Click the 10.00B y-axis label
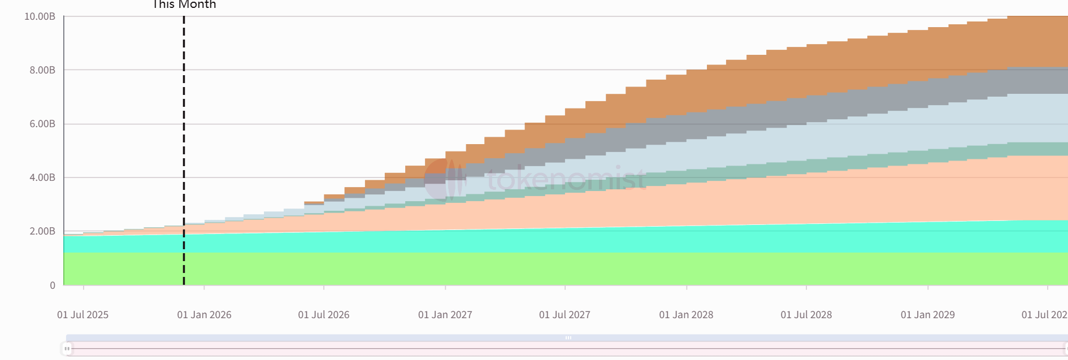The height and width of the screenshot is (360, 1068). coord(40,16)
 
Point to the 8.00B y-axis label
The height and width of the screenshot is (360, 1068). coord(42,70)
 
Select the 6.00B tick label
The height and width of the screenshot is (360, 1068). coord(42,124)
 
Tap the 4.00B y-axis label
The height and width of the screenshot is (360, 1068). coord(42,177)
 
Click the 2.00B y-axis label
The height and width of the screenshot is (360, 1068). coord(42,231)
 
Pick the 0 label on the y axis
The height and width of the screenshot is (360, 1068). coord(53,285)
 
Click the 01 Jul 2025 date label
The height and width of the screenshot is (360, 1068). coord(83,315)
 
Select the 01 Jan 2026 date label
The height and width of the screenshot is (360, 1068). coord(204,315)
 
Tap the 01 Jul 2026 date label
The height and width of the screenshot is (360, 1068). coord(324,315)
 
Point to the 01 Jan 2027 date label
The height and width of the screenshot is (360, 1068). coord(445,315)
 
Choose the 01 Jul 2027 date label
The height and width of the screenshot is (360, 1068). coord(565,315)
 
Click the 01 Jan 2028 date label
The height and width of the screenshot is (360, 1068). coord(686,315)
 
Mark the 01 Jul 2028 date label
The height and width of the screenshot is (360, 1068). coord(806,315)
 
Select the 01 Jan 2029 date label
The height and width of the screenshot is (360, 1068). coord(927,315)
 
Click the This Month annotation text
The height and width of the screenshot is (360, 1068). coord(184,5)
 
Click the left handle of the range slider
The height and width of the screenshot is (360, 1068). coord(67,349)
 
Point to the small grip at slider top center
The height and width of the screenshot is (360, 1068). coord(568,337)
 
